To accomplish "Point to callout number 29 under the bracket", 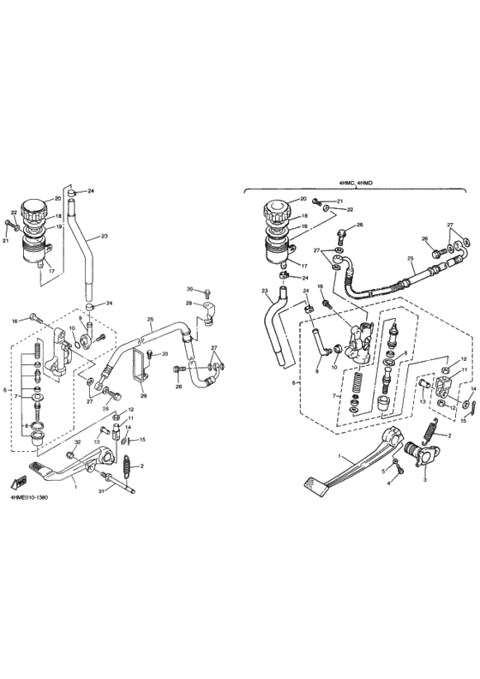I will tap(144, 396).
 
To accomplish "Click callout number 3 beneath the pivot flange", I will tap(425, 479).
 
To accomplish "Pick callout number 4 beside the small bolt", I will tap(387, 484).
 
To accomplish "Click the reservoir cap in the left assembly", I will tap(34, 208).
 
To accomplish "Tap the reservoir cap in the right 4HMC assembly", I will tap(279, 208).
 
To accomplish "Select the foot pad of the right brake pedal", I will tap(312, 484).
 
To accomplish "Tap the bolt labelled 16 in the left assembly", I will tap(34, 320).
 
